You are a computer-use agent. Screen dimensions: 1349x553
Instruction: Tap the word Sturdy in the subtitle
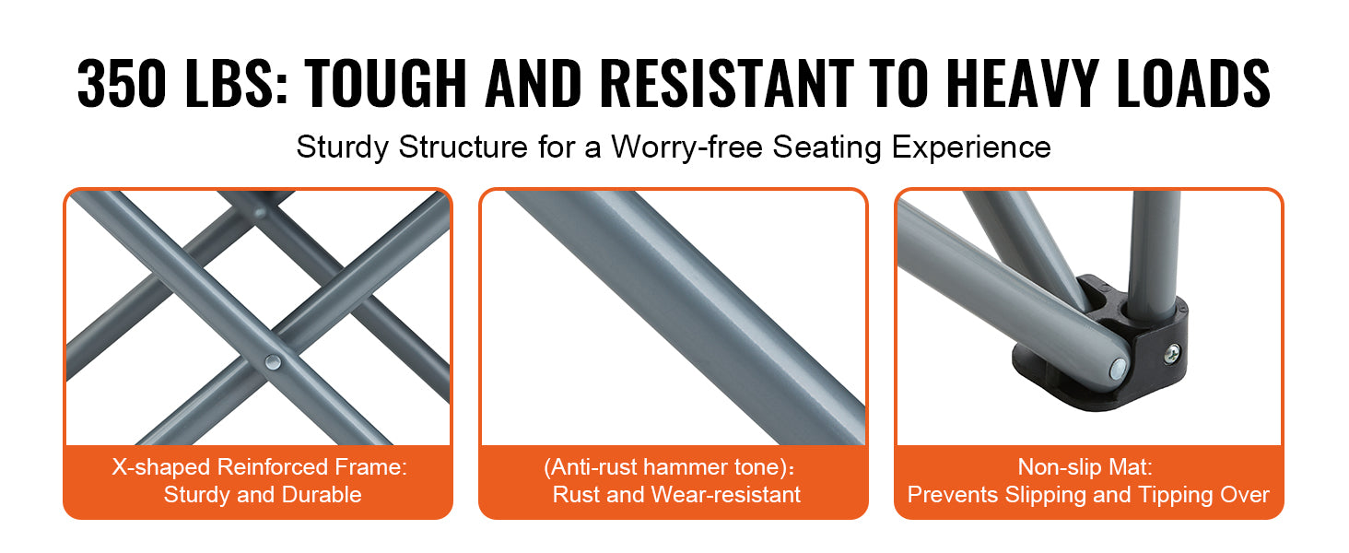tap(342, 147)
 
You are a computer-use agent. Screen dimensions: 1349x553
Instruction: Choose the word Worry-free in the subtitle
tap(687, 147)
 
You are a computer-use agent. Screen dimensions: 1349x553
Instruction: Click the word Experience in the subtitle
tap(971, 147)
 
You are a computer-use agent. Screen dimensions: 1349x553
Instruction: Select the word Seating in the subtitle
tap(827, 147)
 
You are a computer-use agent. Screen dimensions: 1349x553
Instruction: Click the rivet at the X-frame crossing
tap(273, 362)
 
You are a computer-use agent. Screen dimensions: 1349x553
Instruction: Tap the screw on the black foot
tap(1172, 354)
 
